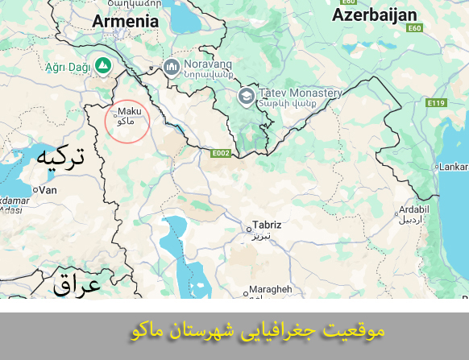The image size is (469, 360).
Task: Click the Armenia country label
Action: (x=126, y=21)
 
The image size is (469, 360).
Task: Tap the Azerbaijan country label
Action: (x=374, y=15)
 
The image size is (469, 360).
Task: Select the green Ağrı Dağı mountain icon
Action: (x=102, y=64)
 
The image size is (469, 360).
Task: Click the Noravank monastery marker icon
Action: (x=171, y=66)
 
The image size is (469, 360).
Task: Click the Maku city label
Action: (x=131, y=112)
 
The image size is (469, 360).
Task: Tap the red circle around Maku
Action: (x=127, y=122)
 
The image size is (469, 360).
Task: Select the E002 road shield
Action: (x=221, y=153)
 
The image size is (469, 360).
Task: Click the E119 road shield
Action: (x=437, y=103)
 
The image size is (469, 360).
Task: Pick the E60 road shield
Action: (x=414, y=28)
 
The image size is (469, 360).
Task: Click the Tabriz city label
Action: (x=267, y=226)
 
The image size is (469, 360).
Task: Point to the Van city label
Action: (x=48, y=190)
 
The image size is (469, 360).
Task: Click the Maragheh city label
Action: (x=271, y=289)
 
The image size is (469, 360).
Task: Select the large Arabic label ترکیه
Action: (x=60, y=158)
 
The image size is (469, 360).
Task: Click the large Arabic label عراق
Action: (x=77, y=283)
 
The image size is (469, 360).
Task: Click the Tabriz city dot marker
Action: (x=248, y=230)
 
